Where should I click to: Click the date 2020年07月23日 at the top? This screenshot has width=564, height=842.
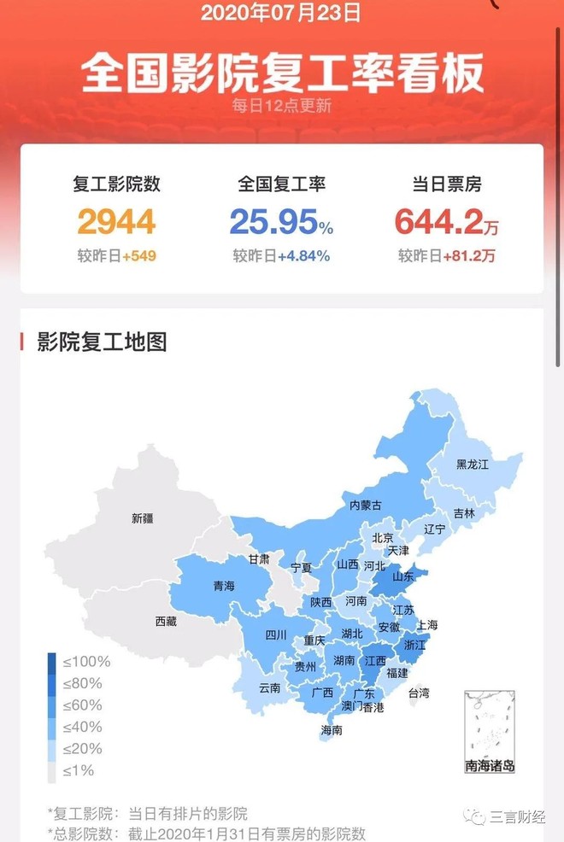[281, 13]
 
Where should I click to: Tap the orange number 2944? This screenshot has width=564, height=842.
[117, 221]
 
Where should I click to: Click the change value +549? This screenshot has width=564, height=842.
[138, 256]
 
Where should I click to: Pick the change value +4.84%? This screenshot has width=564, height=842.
[303, 256]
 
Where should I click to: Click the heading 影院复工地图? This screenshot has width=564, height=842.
[102, 342]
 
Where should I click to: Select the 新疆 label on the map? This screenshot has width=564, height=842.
[143, 517]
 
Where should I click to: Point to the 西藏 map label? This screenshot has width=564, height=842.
[166, 622]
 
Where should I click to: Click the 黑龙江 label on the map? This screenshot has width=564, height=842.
[473, 465]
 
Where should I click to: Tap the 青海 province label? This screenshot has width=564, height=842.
[224, 586]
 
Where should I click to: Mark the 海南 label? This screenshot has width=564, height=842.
[332, 730]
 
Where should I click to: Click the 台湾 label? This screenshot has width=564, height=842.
[419, 693]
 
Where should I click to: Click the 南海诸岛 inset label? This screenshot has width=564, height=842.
[490, 766]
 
